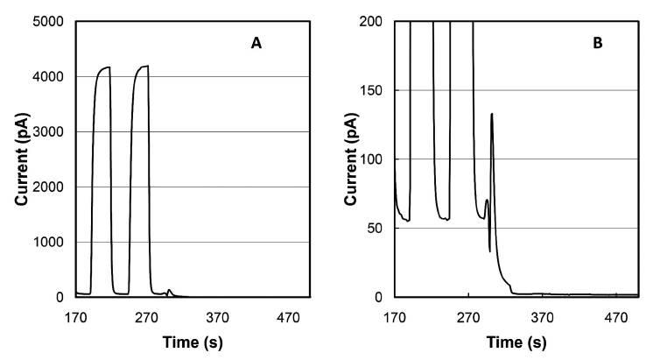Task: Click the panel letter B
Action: tap(598, 40)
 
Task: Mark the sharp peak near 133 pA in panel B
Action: tap(492, 115)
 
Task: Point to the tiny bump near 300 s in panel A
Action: tap(170, 291)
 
